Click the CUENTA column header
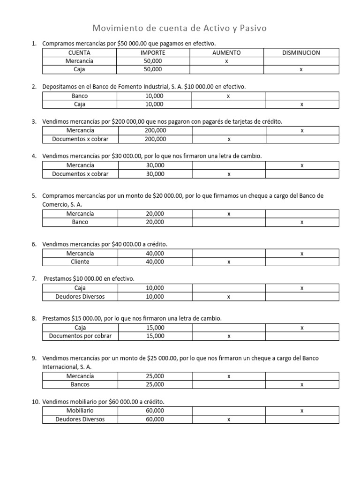coord(79,52)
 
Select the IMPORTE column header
coord(153,52)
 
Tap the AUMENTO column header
coord(226,52)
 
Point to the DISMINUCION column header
coord(301,52)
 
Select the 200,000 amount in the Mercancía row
coord(155,130)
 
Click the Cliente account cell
coord(80,262)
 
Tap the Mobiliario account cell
coord(80,411)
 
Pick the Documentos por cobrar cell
coord(80,336)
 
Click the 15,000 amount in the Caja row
coord(155,328)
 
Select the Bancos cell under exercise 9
coord(80,384)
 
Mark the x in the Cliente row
coord(229,262)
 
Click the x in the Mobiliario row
coord(302,411)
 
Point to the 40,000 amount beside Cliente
coord(155,262)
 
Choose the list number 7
coord(34,278)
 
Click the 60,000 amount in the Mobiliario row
coord(155,411)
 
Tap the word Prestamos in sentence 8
coord(57,318)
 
